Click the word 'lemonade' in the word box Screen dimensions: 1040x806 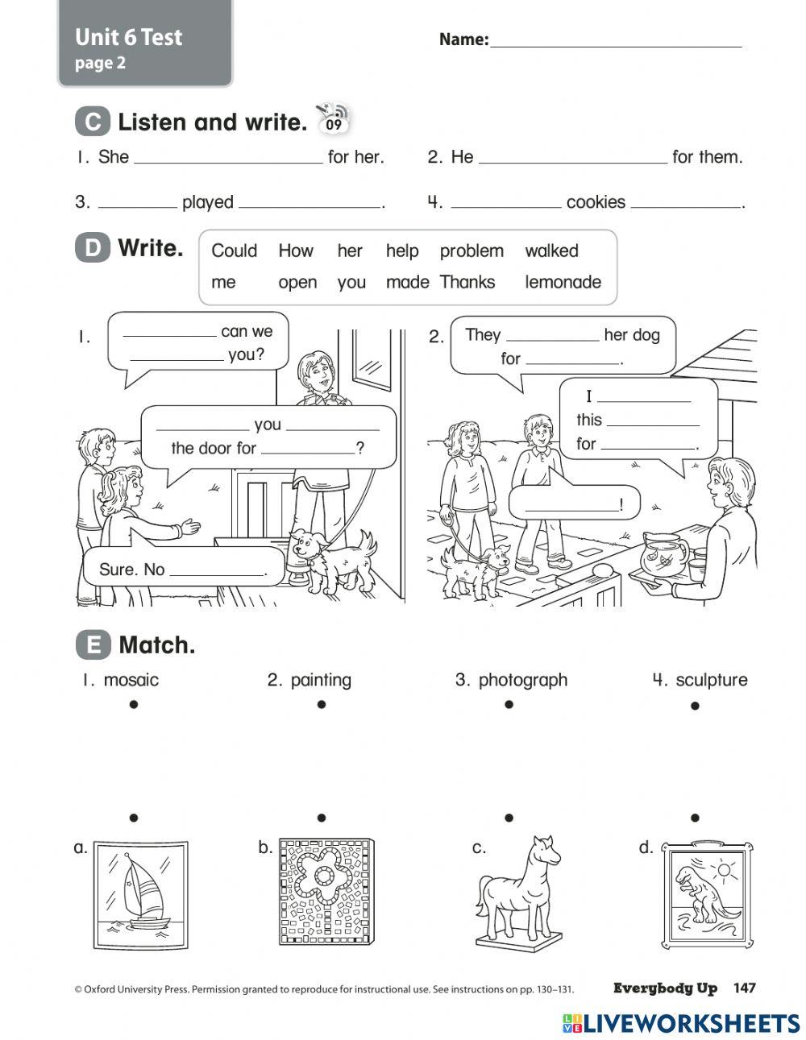[563, 282]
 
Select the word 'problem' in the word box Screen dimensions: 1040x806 [472, 251]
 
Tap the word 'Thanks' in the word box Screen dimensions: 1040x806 [467, 282]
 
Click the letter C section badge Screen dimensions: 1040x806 [93, 122]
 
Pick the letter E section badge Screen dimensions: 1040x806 [93, 645]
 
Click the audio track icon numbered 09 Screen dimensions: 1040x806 [334, 121]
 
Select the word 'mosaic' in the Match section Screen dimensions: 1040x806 [131, 680]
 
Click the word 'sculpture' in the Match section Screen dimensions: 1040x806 [711, 680]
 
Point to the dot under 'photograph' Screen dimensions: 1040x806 [509, 704]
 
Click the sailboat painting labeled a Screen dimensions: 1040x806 [140, 894]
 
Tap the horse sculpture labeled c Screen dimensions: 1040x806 [517, 890]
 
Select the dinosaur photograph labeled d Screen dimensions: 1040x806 [708, 894]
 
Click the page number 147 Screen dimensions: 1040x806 [744, 988]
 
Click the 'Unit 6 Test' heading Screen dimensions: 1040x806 [129, 37]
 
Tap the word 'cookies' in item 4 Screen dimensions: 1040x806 [596, 202]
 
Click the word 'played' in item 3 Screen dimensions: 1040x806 [207, 202]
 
